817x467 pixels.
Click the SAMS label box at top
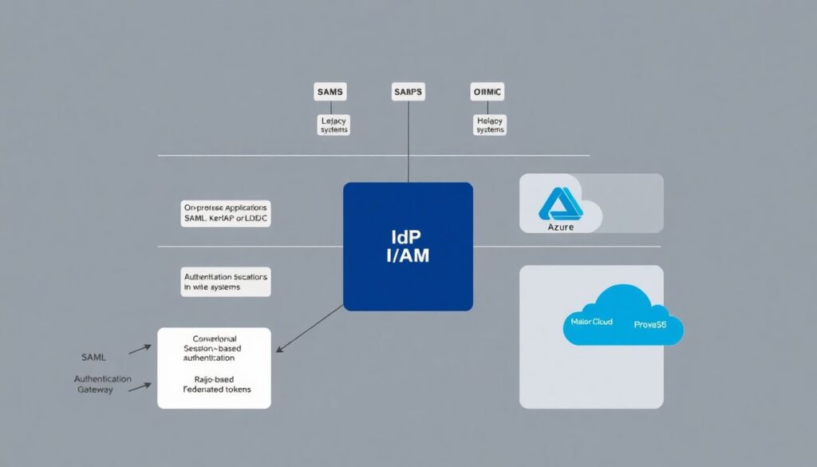pos(330,93)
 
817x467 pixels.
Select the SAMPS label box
pos(408,93)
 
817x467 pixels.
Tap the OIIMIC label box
pos(487,93)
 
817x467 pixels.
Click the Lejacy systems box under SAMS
pos(334,124)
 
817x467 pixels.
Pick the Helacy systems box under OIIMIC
pos(490,124)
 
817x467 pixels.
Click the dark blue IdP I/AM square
pos(408,246)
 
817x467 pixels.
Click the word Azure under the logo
pos(561,228)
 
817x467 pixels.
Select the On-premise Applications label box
pos(227,212)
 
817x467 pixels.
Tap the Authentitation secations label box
pos(226,281)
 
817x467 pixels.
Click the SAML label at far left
pos(93,357)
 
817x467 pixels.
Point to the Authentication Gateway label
pos(103,384)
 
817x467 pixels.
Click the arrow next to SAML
pos(140,348)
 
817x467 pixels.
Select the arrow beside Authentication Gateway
pos(140,386)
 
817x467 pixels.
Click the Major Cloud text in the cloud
pos(592,322)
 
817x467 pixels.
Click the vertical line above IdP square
pos(408,144)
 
